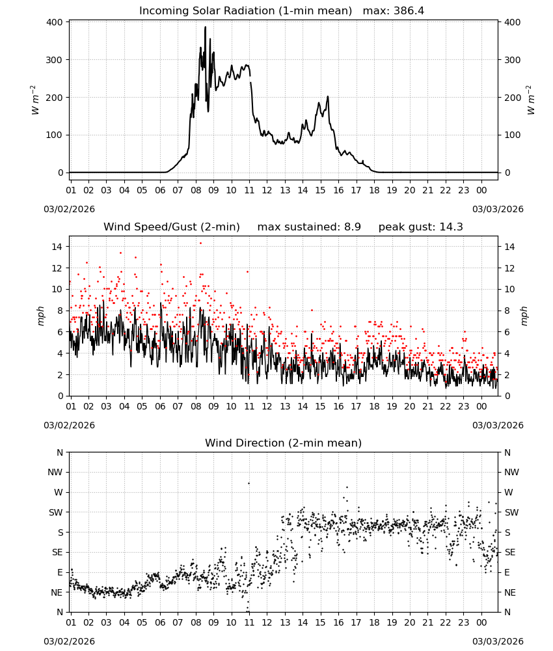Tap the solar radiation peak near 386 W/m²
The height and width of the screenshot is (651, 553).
point(205,27)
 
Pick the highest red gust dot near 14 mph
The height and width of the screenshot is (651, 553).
point(201,243)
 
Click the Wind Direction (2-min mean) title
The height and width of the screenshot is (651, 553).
point(284,443)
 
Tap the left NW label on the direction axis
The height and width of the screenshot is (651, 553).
point(55,472)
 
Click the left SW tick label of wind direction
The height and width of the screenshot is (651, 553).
point(55,512)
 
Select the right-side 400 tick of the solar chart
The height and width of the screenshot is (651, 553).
point(513,22)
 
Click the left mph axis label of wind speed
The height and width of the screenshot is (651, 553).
point(40,316)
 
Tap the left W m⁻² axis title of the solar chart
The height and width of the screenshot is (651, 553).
point(35,100)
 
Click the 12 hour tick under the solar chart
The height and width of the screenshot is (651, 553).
point(267,190)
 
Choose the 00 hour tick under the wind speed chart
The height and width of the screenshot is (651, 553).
point(481,406)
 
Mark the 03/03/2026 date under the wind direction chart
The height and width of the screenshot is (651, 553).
point(498,641)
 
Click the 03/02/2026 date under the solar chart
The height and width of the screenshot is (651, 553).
point(69,209)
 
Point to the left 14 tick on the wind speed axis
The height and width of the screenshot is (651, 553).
point(57,247)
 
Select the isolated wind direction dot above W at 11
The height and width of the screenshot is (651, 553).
point(249,483)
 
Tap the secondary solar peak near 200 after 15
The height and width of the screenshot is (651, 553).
point(328,97)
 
